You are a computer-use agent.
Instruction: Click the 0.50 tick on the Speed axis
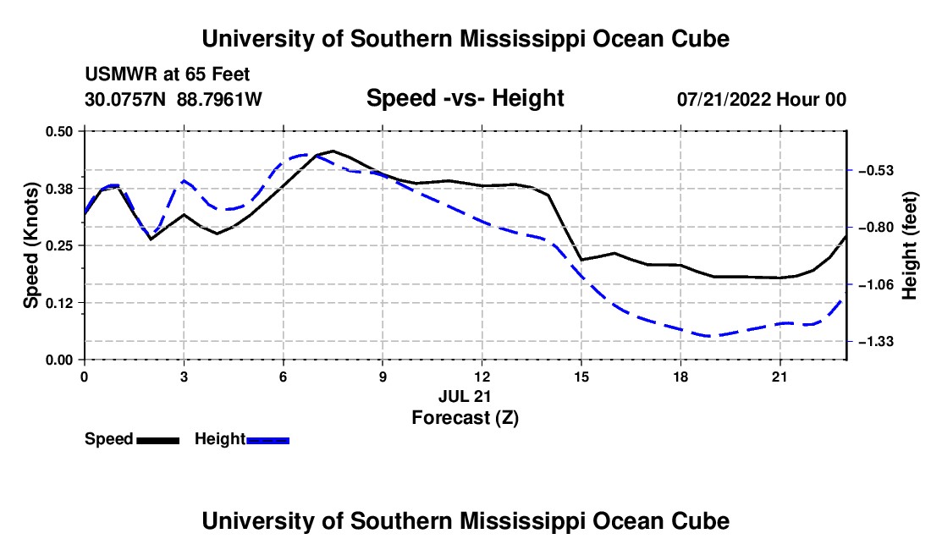pyautogui.click(x=58, y=131)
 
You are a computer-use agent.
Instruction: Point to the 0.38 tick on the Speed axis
pyautogui.click(x=58, y=189)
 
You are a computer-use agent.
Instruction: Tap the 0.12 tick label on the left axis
pyautogui.click(x=58, y=303)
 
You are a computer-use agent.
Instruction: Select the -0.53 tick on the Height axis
pyautogui.click(x=876, y=171)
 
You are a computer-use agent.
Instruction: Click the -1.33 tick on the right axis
pyautogui.click(x=876, y=342)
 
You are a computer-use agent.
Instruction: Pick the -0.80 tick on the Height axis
pyautogui.click(x=876, y=228)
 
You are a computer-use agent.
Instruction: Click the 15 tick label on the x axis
pyautogui.click(x=581, y=377)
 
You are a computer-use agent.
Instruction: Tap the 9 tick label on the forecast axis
pyautogui.click(x=383, y=377)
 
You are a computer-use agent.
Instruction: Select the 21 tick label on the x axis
pyautogui.click(x=780, y=377)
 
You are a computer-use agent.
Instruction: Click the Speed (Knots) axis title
pyautogui.click(x=30, y=245)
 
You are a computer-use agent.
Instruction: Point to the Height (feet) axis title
pyautogui.click(x=910, y=245)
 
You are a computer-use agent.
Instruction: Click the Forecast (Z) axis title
pyautogui.click(x=465, y=418)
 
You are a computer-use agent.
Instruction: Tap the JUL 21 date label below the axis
pyautogui.click(x=465, y=396)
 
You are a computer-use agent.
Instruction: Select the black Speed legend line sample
pyautogui.click(x=158, y=441)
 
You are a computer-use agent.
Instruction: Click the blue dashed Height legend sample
pyautogui.click(x=267, y=441)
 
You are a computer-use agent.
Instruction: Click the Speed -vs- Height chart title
pyautogui.click(x=465, y=98)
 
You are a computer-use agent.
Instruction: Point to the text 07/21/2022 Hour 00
pyautogui.click(x=762, y=99)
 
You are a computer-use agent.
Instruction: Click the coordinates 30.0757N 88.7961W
pyautogui.click(x=174, y=99)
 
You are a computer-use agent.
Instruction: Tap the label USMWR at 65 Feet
pyautogui.click(x=168, y=74)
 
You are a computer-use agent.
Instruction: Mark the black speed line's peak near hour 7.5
pyautogui.click(x=333, y=151)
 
